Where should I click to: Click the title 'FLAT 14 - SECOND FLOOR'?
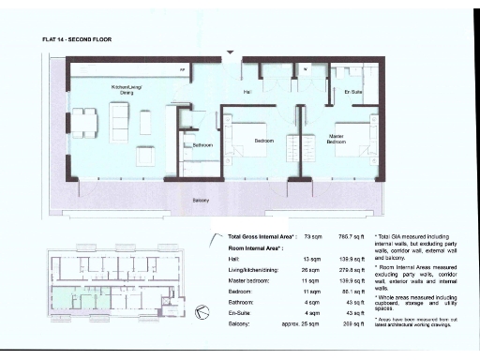click(77, 40)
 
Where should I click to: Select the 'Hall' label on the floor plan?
click(247, 92)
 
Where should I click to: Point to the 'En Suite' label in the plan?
click(353, 92)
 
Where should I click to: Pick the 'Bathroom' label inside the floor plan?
click(203, 145)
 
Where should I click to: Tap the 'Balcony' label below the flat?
click(201, 200)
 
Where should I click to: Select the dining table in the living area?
click(85, 122)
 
